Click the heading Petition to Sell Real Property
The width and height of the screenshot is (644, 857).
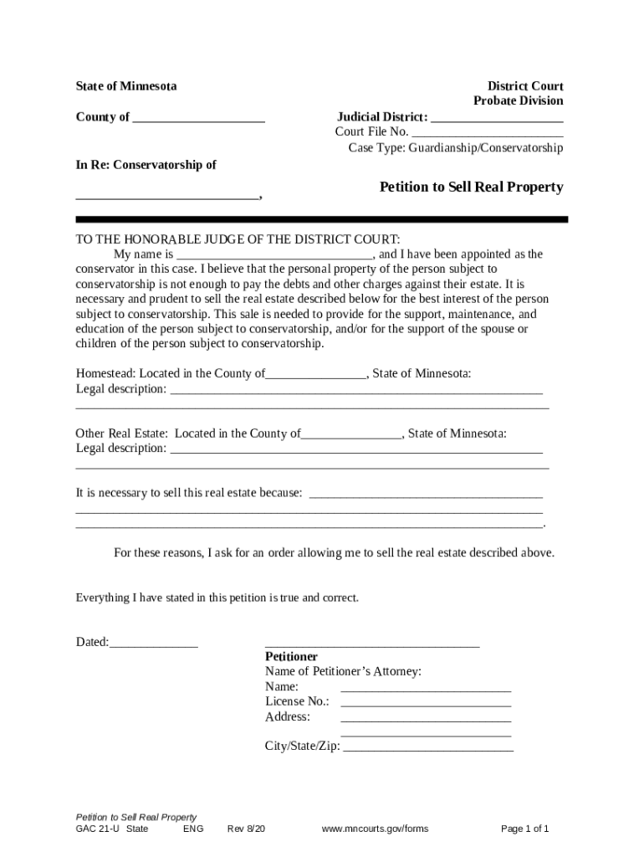click(471, 187)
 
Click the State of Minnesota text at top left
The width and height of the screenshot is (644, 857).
click(126, 86)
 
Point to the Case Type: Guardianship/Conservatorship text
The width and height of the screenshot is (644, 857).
click(456, 148)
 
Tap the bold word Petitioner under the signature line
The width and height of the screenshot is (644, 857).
click(291, 657)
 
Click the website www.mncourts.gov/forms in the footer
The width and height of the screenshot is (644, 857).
click(375, 829)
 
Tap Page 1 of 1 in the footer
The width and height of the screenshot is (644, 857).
click(524, 829)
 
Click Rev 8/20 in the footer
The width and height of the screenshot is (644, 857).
click(246, 829)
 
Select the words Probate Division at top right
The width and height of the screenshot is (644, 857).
click(518, 101)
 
